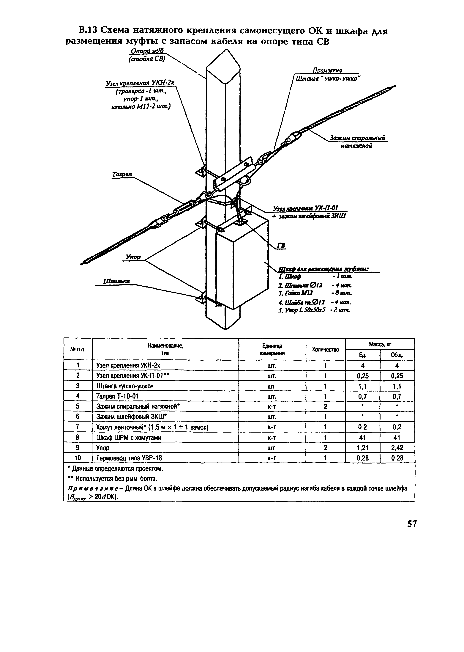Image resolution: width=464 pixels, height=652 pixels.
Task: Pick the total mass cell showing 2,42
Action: (397, 448)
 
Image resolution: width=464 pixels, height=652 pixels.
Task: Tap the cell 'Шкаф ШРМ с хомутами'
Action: (129, 437)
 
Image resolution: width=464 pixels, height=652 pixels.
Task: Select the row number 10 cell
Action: (78, 458)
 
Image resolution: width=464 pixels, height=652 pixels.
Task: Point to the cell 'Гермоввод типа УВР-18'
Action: (129, 458)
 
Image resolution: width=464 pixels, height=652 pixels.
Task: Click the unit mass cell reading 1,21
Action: (363, 448)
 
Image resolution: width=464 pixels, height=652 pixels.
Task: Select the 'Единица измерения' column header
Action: (272, 349)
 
